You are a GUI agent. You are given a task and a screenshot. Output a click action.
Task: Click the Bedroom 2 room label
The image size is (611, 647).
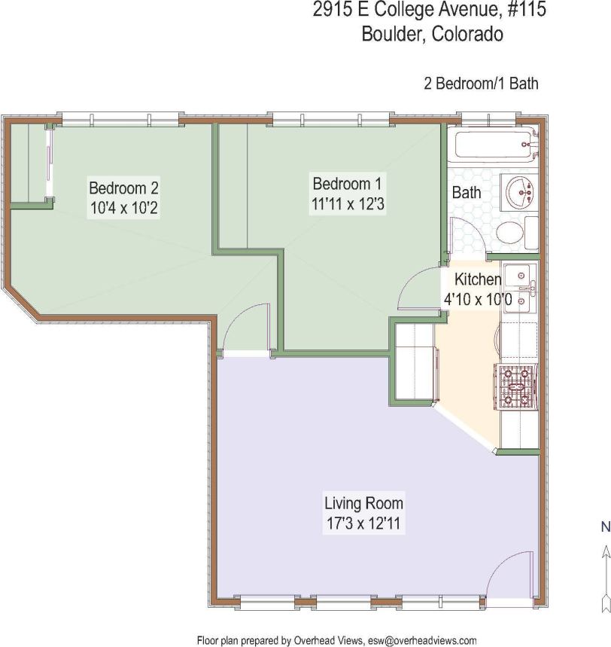click(123, 188)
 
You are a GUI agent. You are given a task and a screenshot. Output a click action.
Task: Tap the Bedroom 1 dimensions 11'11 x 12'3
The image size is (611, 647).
click(349, 203)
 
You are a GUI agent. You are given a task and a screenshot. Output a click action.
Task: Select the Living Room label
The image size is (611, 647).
click(363, 503)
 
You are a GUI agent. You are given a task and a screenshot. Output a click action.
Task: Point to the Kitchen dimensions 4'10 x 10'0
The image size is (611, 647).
click(478, 299)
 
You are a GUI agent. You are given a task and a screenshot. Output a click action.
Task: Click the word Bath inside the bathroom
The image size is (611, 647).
click(466, 193)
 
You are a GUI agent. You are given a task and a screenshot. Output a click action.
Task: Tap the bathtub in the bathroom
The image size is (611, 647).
click(494, 144)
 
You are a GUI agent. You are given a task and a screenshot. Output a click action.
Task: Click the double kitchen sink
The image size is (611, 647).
click(519, 286)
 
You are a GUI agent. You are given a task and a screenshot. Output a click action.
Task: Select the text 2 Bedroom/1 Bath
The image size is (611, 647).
click(481, 84)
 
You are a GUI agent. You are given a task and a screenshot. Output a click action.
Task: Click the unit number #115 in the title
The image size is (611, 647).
click(519, 11)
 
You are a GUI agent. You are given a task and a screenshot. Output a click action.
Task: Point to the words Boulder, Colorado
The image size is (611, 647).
click(432, 35)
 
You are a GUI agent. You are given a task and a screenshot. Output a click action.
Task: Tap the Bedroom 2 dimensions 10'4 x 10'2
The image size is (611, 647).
click(123, 207)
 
